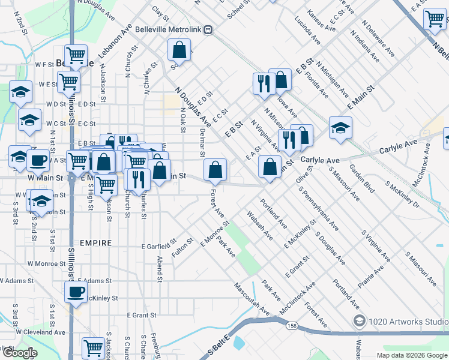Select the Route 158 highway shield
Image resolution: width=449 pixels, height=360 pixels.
[x=292, y=326]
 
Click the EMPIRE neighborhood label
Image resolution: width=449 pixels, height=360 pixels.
[x=94, y=243]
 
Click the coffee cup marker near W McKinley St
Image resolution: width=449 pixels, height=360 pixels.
[x=75, y=292]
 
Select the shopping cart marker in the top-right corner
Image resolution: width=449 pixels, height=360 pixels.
[x=434, y=19]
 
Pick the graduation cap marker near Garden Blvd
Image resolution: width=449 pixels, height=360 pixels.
[x=340, y=128]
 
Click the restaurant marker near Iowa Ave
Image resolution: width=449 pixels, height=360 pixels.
[x=263, y=83]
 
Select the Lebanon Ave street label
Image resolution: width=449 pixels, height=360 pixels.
[x=115, y=42]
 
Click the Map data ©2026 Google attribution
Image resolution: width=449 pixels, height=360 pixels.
[x=412, y=355]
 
